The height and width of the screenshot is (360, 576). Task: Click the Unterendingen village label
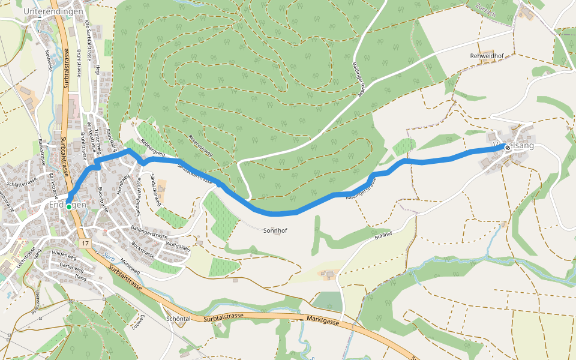53,11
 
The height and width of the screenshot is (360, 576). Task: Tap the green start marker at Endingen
69,206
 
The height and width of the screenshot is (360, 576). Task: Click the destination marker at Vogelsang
508,148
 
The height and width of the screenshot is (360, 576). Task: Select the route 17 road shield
86,244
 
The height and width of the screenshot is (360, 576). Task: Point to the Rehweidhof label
486,55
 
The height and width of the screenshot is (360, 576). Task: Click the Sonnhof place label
275,230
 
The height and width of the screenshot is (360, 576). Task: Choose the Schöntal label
178,319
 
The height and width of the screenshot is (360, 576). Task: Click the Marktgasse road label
322,321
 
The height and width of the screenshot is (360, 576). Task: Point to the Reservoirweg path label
200,145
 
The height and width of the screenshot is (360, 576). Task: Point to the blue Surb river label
108,256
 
